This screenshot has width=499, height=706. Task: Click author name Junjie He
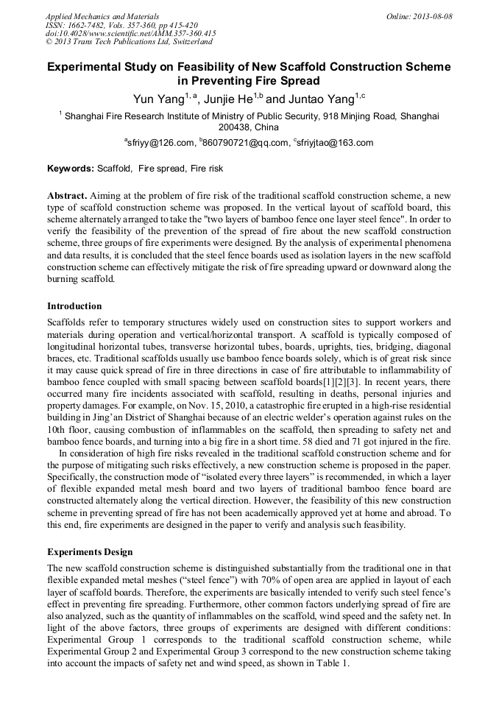[x=224, y=99]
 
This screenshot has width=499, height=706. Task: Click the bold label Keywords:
[x=71, y=169]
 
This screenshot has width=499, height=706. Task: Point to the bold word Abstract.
[x=67, y=197]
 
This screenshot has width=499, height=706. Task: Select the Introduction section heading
[x=74, y=306]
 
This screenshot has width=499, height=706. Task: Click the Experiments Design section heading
[x=90, y=551]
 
